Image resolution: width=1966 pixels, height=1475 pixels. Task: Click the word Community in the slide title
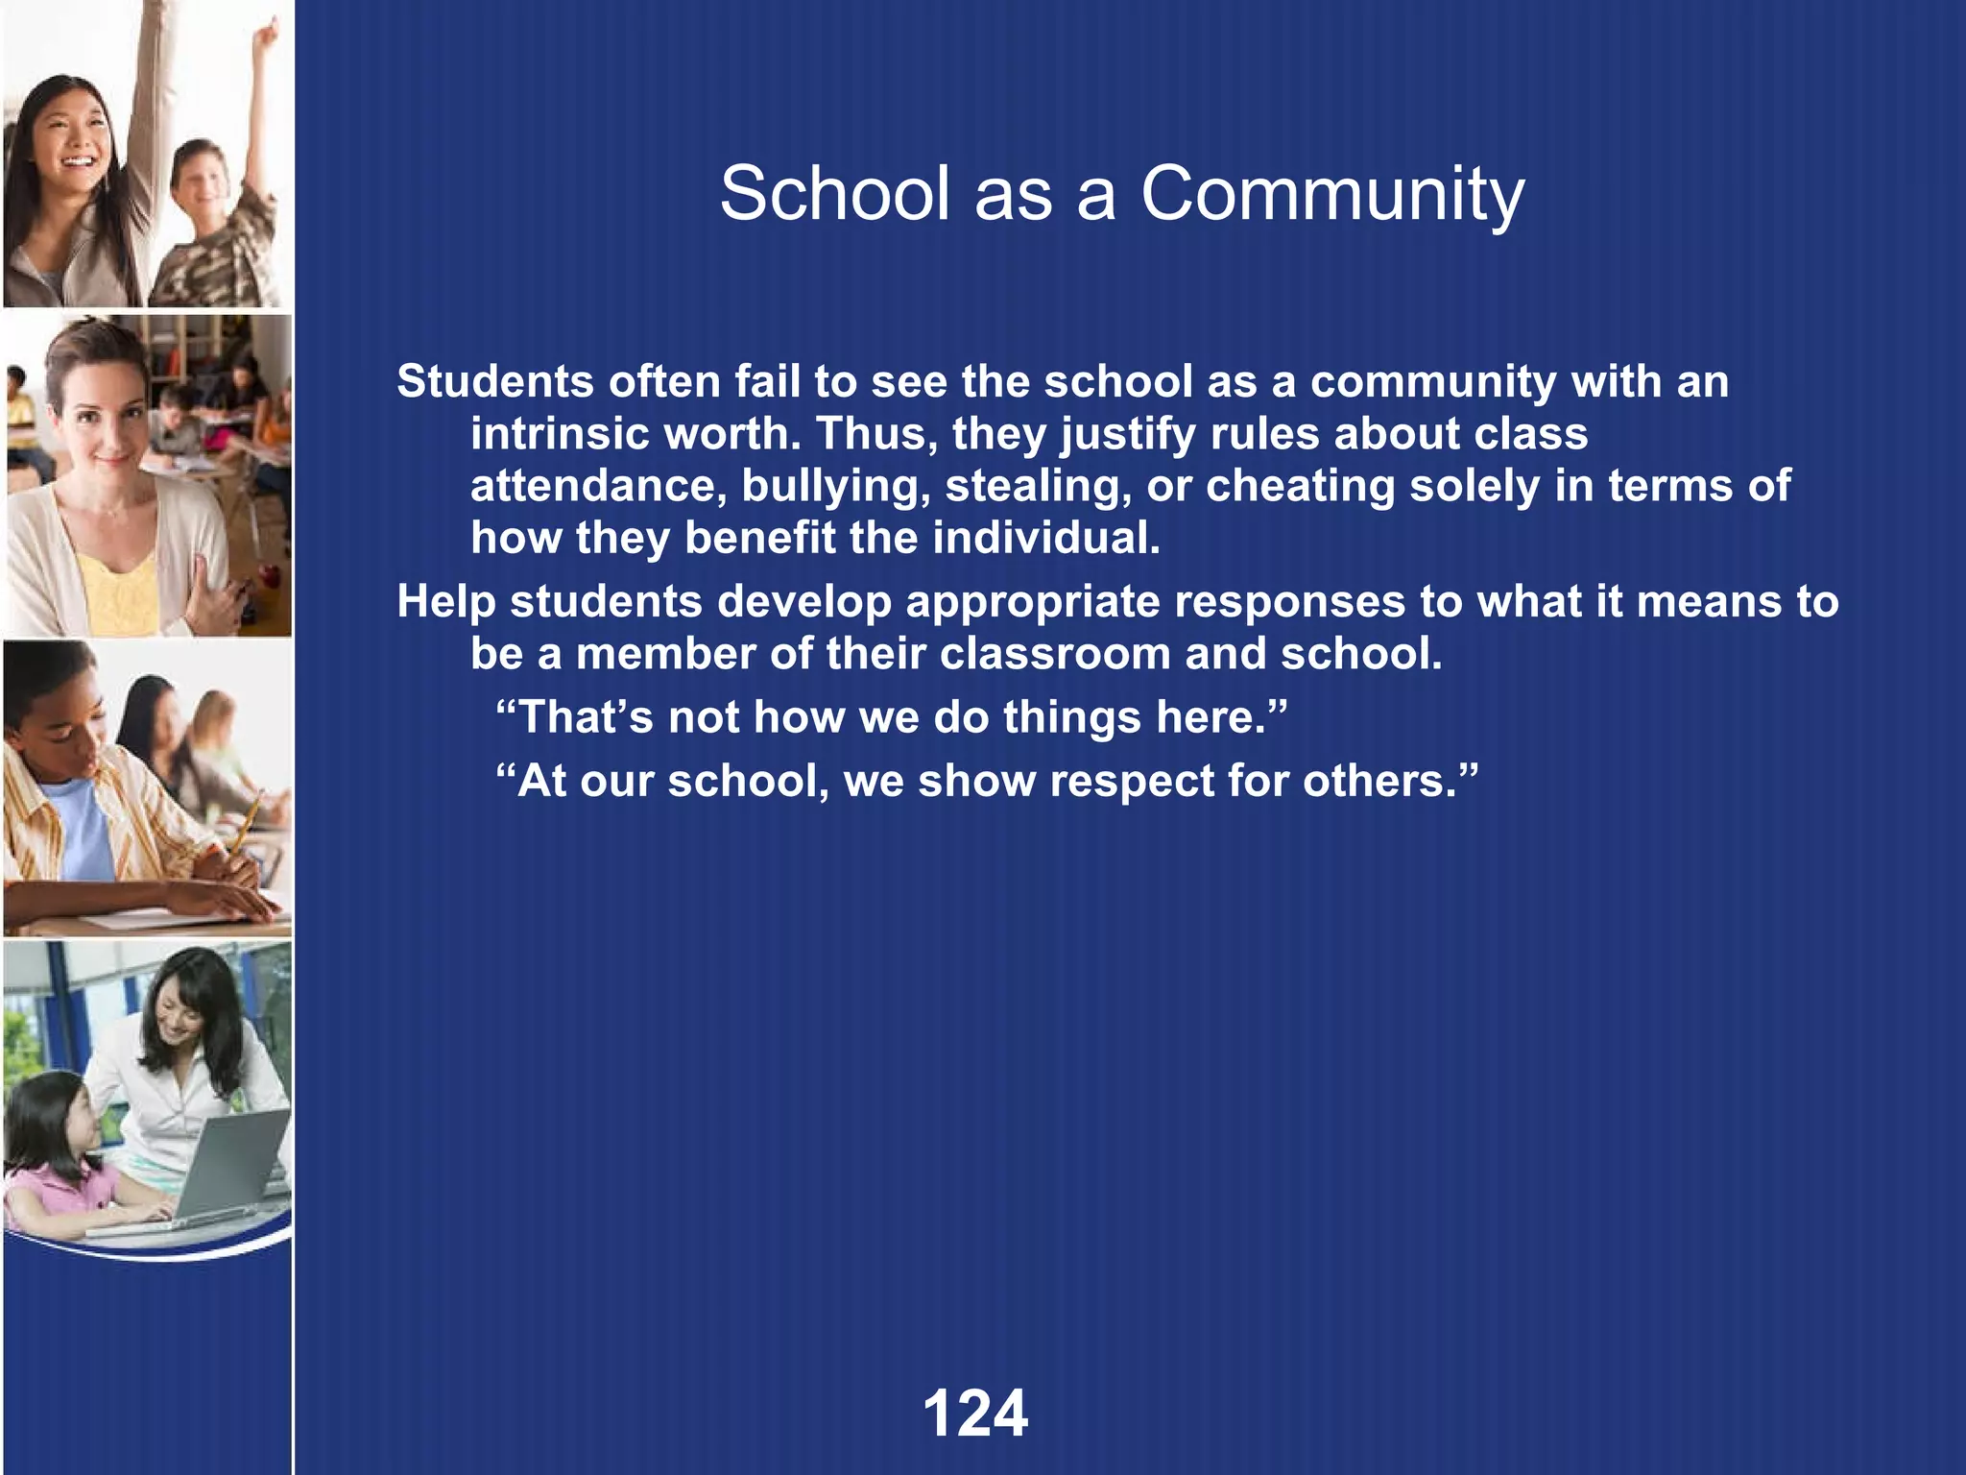point(1331,194)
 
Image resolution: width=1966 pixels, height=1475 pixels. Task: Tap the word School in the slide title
point(834,194)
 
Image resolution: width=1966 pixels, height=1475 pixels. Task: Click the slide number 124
point(974,1413)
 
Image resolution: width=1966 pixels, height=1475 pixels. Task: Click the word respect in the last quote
point(1132,781)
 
